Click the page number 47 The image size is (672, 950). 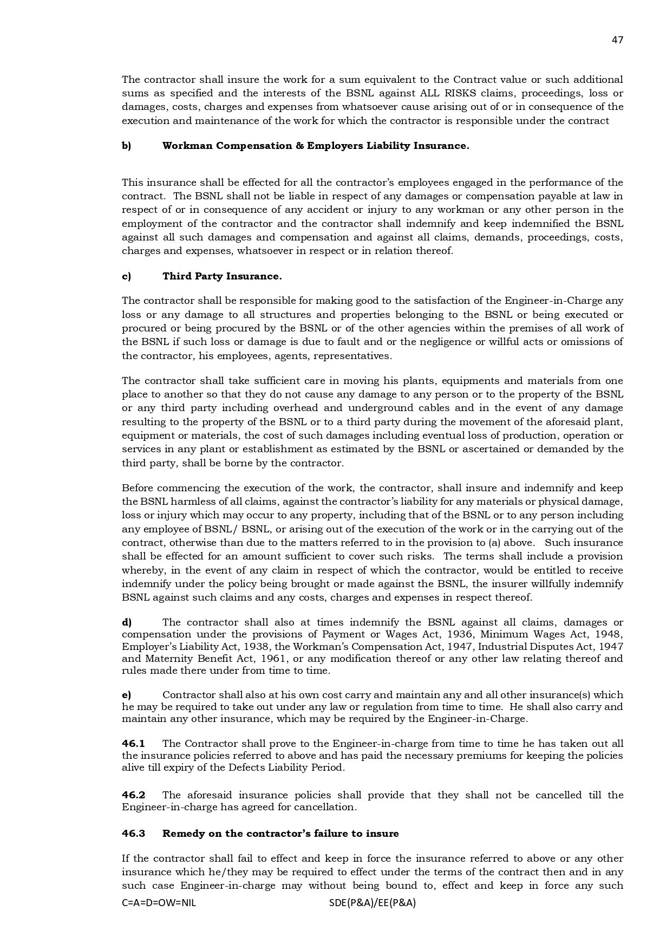617,40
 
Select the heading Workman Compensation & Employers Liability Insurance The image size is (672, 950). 316,146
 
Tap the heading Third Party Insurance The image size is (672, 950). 222,276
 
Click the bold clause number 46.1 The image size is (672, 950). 133,744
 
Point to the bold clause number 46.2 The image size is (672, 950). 133,795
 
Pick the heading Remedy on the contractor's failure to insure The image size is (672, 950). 280,834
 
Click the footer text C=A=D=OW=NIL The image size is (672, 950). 159,903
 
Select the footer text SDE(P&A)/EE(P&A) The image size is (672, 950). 372,903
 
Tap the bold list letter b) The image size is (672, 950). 126,146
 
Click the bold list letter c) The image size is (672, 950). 126,276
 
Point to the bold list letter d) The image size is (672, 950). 127,622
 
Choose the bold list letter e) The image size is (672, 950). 126,695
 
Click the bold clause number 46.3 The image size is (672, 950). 133,834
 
